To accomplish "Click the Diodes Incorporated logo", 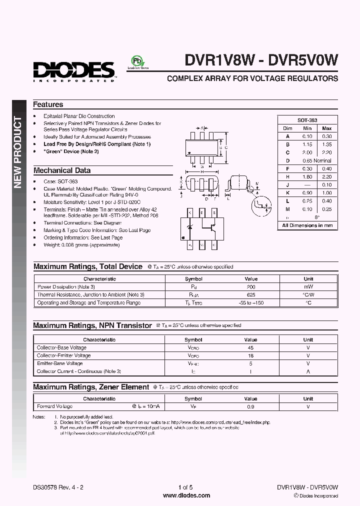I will coord(74,70).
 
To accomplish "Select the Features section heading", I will coord(48,104).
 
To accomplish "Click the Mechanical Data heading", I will coord(62,170).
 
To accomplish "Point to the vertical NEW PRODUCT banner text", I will coord(18,152).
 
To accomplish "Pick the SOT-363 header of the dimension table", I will coord(307,120).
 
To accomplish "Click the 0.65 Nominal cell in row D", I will coord(316,160).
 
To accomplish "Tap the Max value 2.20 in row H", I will coord(327,176).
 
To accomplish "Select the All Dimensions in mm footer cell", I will coord(307,225).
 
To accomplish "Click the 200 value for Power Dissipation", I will coord(251,287).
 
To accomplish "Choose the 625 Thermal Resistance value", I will coord(251,295).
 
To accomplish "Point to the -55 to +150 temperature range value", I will coord(251,302).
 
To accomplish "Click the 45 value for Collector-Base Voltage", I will coord(251,347).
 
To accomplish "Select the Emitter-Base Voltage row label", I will coord(60,363).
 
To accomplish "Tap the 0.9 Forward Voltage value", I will coord(251,406).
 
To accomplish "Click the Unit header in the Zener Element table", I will coord(308,398).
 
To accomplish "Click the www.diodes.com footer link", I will coord(186,495).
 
